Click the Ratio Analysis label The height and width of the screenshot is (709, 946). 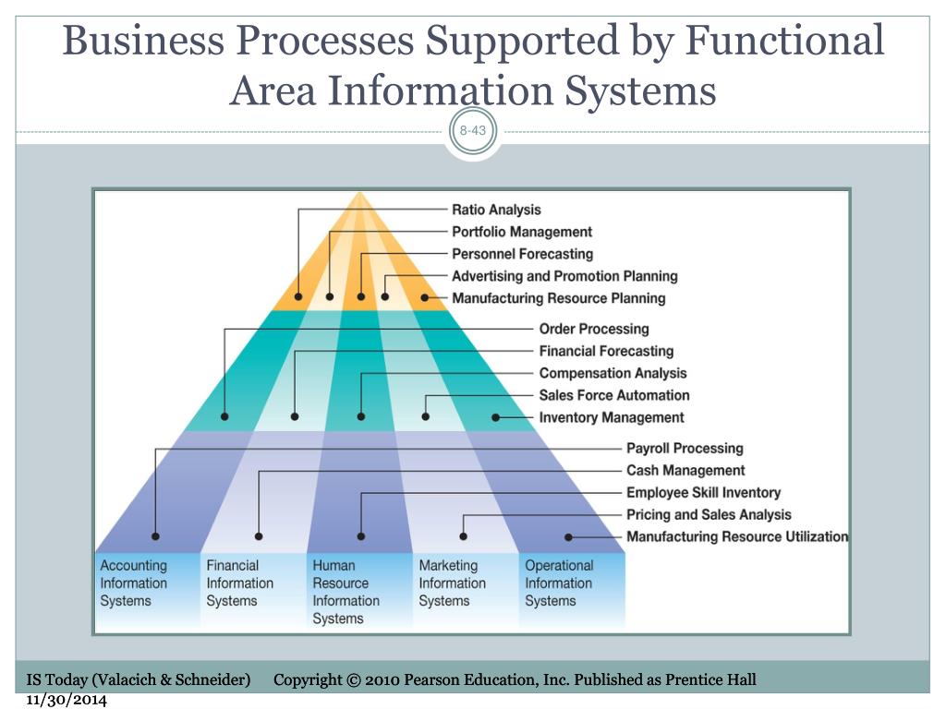pyautogui.click(x=496, y=210)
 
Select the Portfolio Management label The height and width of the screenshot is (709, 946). pyautogui.click(x=522, y=232)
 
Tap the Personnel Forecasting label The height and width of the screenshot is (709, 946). pyautogui.click(x=523, y=254)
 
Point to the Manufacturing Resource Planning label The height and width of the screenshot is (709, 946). pyautogui.click(x=559, y=298)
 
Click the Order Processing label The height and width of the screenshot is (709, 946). pyautogui.click(x=594, y=330)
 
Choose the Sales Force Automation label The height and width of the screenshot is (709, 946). pyautogui.click(x=614, y=395)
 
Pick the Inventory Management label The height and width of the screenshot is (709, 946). pyautogui.click(x=612, y=417)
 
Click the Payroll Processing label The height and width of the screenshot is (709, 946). pyautogui.click(x=685, y=449)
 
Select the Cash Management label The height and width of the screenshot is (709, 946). pyautogui.click(x=685, y=470)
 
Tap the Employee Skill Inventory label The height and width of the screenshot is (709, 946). pyautogui.click(x=703, y=493)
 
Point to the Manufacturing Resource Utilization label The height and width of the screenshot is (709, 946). pyautogui.click(x=737, y=536)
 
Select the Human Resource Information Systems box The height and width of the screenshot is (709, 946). pyautogui.click(x=359, y=592)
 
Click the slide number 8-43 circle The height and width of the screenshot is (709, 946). pyautogui.click(x=473, y=131)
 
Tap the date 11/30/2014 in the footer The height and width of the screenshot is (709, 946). pyautogui.click(x=67, y=700)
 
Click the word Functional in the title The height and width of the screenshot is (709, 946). pyautogui.click(x=785, y=41)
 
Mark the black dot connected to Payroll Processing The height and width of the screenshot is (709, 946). pyautogui.click(x=155, y=536)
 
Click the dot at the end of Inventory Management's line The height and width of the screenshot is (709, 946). pyautogui.click(x=495, y=417)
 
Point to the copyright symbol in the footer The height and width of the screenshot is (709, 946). pyautogui.click(x=353, y=680)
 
